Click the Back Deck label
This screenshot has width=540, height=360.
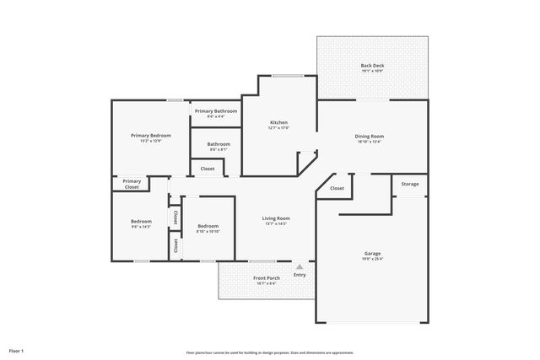[x=372, y=66]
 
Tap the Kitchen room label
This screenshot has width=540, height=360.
[x=279, y=122]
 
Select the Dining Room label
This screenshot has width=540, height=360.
[x=370, y=136]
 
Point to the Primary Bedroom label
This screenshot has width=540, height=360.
[x=150, y=135]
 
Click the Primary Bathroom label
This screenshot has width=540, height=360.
[x=216, y=111]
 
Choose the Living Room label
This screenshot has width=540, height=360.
[x=276, y=218]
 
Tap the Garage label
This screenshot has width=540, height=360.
[x=372, y=253]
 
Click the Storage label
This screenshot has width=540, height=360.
[x=410, y=184]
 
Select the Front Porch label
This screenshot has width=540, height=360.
[x=267, y=277]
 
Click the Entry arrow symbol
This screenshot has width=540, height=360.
[x=299, y=266]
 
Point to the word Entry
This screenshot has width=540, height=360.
[x=300, y=274]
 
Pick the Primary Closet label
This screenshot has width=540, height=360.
[x=132, y=184]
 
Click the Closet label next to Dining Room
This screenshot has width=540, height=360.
[x=337, y=188]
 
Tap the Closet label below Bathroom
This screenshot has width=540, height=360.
[x=208, y=169]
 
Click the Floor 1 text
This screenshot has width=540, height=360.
[x=16, y=350]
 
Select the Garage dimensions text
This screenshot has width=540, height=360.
[x=372, y=259]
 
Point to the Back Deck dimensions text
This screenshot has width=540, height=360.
[x=372, y=72]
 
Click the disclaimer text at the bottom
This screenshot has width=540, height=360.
[x=269, y=352]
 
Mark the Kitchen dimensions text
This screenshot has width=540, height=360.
[x=279, y=128]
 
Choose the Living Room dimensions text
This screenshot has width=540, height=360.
[x=276, y=224]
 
